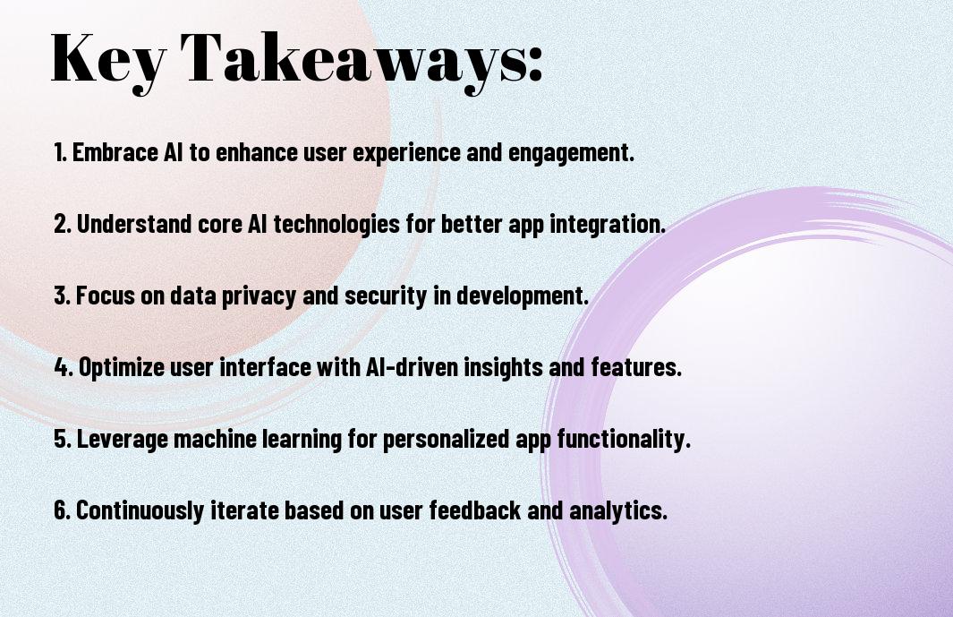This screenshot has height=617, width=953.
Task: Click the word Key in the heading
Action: click(107, 60)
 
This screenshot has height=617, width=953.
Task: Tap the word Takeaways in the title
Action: click(353, 60)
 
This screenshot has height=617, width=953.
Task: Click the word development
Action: click(523, 296)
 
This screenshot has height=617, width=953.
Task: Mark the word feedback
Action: click(475, 510)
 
